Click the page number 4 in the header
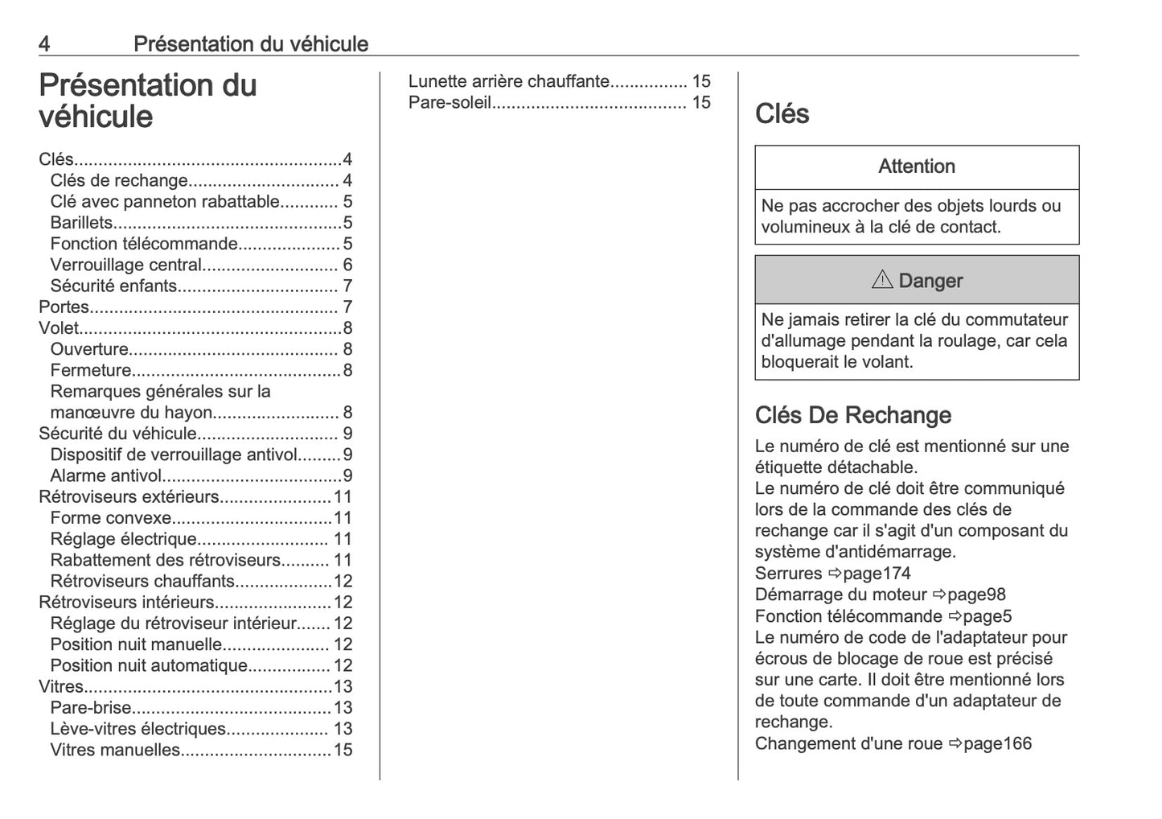(x=44, y=43)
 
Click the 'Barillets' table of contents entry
(x=81, y=223)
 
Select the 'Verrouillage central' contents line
(x=125, y=265)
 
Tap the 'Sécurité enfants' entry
(x=113, y=286)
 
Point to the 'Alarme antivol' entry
(x=106, y=475)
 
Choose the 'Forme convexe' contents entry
(x=111, y=518)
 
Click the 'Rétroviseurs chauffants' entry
(x=142, y=581)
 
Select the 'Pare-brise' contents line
(x=90, y=708)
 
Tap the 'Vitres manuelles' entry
(x=115, y=750)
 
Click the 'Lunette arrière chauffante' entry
(x=509, y=81)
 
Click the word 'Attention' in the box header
(x=917, y=167)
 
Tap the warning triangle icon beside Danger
(x=882, y=280)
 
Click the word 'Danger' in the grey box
(x=930, y=281)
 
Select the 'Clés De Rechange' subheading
(x=852, y=415)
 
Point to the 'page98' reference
(x=976, y=595)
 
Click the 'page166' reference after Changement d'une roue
(x=997, y=743)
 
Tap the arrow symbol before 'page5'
(x=955, y=616)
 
